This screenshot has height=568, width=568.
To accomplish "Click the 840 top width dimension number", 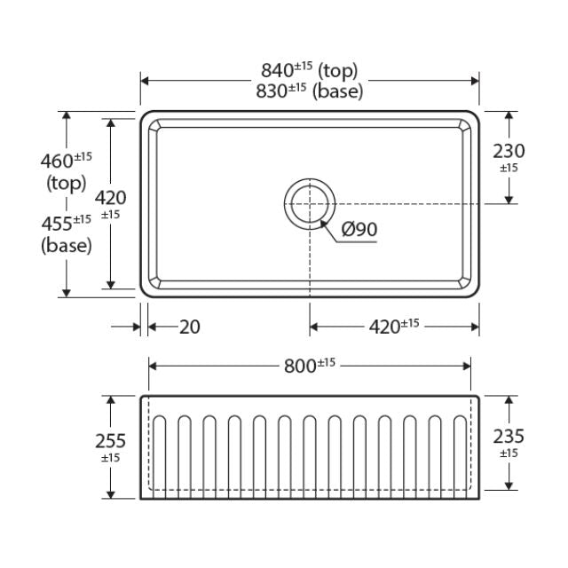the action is point(277,71).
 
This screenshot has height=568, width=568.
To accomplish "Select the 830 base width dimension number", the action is point(272,91).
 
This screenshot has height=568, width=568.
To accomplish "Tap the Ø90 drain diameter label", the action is point(359,229).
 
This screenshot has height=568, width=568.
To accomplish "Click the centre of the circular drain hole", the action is point(310,204).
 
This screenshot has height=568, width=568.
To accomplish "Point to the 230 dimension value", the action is point(509,151).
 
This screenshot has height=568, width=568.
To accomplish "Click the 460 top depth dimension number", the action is point(57,162).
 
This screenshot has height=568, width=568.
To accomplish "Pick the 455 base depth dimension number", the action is point(57,224).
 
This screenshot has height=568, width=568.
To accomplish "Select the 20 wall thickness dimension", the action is point(190,327).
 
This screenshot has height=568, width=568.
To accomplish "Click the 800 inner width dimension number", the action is point(300,366).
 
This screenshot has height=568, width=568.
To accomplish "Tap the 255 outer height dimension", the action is point(110,441).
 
